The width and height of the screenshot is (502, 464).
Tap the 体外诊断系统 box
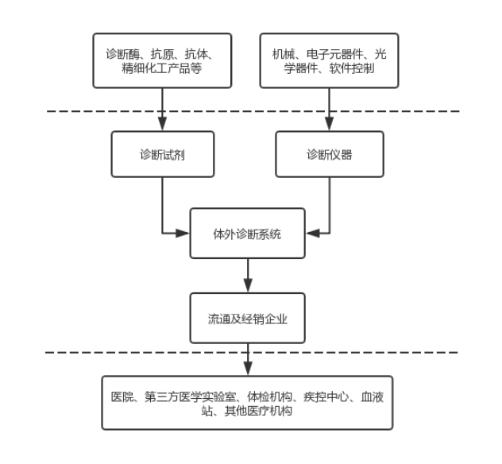[x=248, y=234]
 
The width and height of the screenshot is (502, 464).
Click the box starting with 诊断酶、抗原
[x=162, y=60]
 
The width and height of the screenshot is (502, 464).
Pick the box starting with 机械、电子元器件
[x=330, y=60]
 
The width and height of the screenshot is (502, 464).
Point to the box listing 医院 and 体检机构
[x=248, y=403]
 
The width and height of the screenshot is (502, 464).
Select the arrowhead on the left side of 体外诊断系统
[x=184, y=234]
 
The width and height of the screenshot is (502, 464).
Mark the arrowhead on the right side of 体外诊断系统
[x=312, y=234]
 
